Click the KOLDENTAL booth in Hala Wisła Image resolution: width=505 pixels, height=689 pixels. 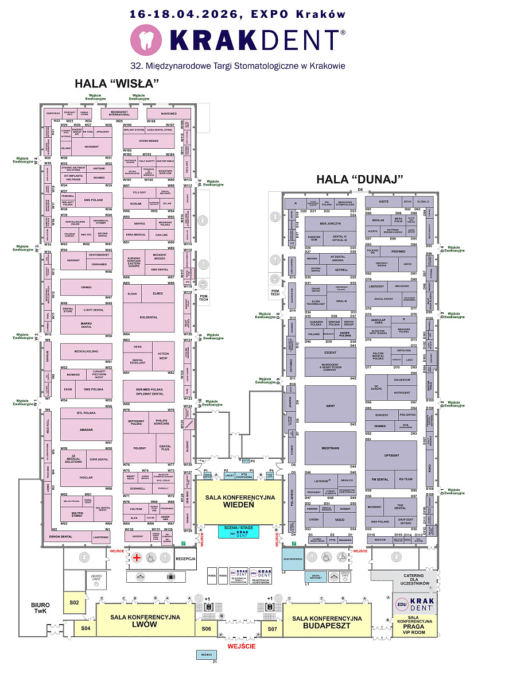point(148,318)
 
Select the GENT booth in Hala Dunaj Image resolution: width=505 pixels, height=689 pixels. point(331,405)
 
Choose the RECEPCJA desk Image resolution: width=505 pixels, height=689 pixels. point(186,558)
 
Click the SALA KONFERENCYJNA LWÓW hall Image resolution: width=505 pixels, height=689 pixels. point(138,621)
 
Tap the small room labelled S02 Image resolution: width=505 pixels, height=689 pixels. point(74,602)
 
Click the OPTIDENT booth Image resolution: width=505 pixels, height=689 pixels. point(391,456)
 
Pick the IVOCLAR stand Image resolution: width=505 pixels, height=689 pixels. point(86,477)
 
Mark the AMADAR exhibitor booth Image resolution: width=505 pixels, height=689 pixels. point(86,429)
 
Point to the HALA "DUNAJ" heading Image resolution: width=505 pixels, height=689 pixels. point(360,179)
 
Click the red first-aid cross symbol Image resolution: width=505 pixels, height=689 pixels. point(137,558)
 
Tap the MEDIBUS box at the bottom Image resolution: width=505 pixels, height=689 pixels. point(207,655)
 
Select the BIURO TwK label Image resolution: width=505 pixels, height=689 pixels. point(40,608)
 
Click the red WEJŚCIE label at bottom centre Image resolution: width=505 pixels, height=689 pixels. point(241,646)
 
